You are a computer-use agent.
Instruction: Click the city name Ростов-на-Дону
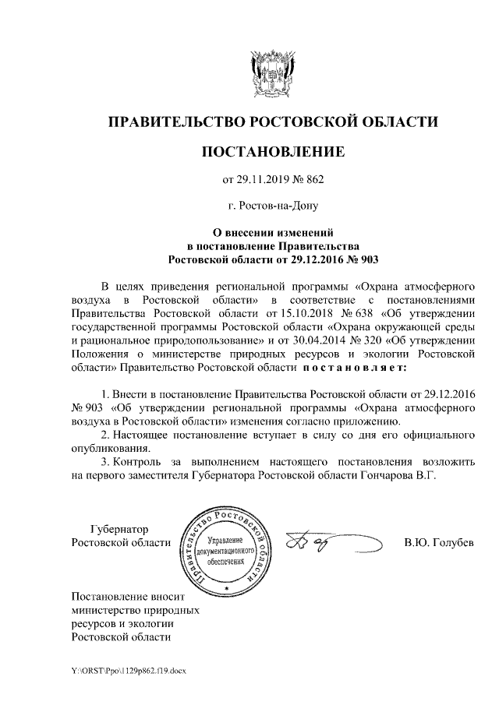click(273, 206)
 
